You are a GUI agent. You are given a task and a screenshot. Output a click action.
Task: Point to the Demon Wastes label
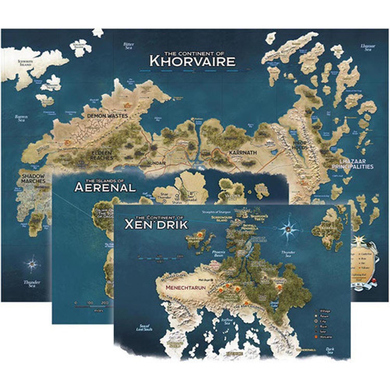point(107,116)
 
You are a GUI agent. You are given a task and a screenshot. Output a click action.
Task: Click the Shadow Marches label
point(33,178)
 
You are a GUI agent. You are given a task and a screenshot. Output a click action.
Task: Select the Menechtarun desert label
point(186,288)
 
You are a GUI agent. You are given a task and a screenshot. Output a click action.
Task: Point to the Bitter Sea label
point(128,46)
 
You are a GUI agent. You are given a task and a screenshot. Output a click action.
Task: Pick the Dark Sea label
point(330,351)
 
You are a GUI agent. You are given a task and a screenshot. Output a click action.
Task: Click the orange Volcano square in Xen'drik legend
point(316,337)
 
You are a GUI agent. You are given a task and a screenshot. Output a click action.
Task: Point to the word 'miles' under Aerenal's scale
point(99,310)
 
